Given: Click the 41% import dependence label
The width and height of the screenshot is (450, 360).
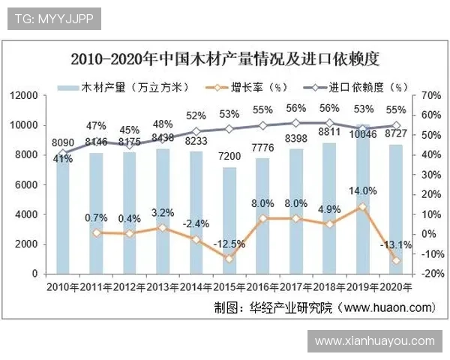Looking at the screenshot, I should coord(63,159).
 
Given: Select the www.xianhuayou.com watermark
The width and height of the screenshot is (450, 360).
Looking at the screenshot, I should coord(374,340).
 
